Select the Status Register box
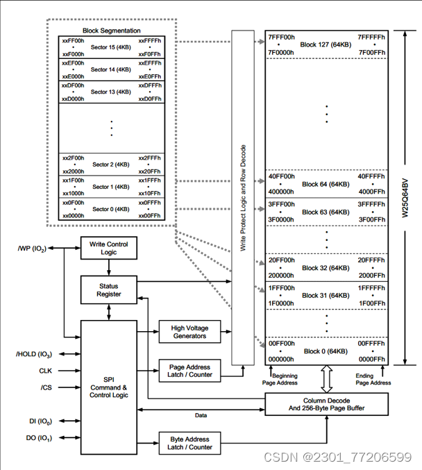(108, 289)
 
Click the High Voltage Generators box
(189, 331)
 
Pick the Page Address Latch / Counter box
(189, 370)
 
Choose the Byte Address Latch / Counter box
(189, 443)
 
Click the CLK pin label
(45, 371)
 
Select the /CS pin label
(46, 387)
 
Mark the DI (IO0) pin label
(38, 421)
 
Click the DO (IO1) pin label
(37, 438)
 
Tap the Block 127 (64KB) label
(326, 44)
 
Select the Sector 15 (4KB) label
(111, 47)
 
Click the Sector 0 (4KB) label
(111, 209)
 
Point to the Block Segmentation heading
(111, 31)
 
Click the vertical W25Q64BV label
(407, 198)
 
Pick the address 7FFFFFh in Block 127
(371, 36)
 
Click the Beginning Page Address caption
(280, 378)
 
